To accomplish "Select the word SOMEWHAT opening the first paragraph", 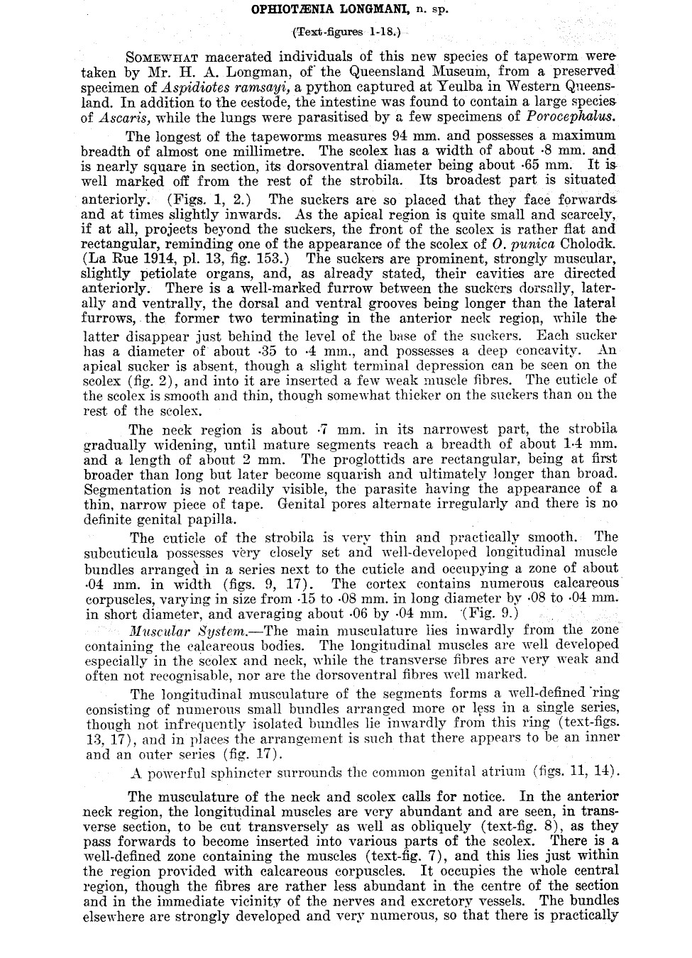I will pos(162,57).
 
